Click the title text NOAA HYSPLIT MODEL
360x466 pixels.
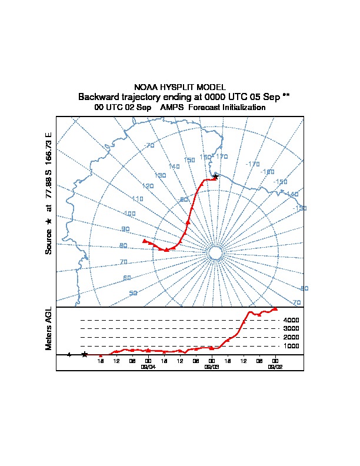point(180,87)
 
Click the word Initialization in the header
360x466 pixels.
point(242,108)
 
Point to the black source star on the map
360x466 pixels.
point(216,177)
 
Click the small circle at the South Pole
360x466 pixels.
point(215,252)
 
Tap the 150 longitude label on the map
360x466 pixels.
point(189,160)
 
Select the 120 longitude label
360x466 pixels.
point(148,186)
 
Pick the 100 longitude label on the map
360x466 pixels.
point(129,214)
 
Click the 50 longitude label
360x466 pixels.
point(134,293)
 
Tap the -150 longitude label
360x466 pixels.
point(281,182)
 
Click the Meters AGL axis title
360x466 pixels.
point(49,328)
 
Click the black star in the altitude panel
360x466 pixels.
point(85,354)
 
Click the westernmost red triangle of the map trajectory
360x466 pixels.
point(145,241)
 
